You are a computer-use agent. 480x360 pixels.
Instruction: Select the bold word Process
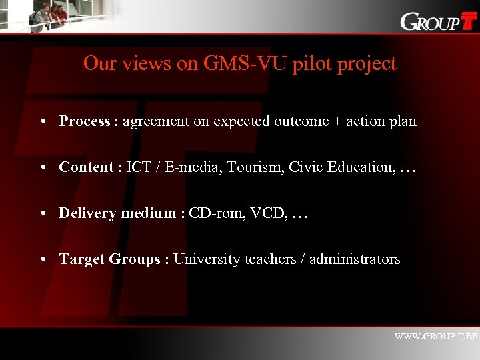[84, 121]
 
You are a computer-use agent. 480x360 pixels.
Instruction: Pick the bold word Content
[85, 167]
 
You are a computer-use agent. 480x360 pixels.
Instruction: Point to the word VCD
[265, 213]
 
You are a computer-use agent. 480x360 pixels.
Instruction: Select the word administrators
[355, 259]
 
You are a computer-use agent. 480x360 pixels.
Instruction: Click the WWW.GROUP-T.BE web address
[436, 337]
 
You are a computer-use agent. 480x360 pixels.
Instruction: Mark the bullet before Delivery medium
[42, 213]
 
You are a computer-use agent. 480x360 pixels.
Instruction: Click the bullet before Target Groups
[42, 259]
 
